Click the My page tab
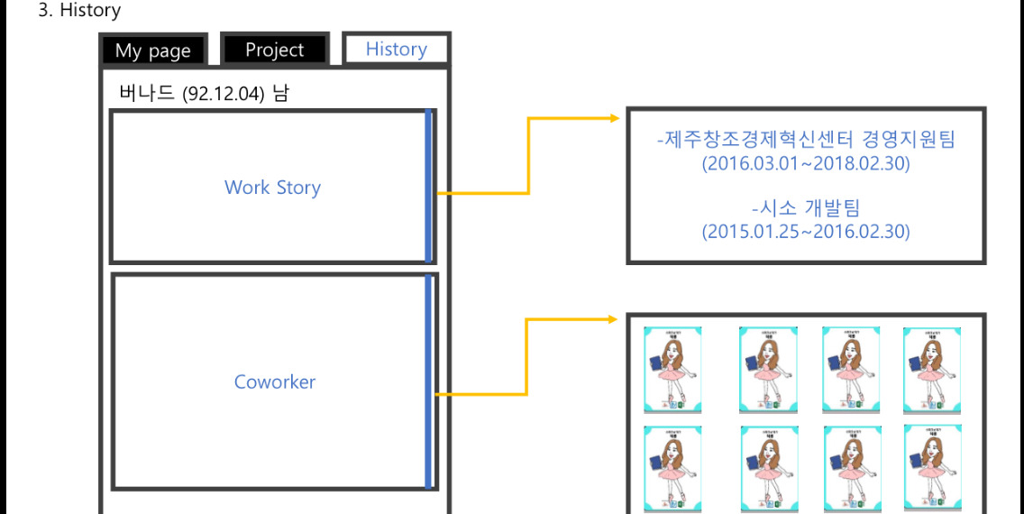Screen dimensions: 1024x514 coord(153,50)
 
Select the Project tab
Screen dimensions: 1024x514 coord(275,50)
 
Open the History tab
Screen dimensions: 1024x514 coord(396,50)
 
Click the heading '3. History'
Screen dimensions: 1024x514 coord(79,11)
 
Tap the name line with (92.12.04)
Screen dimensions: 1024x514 coord(204,93)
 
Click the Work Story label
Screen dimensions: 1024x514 coord(272,188)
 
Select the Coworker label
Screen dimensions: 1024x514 coord(275,381)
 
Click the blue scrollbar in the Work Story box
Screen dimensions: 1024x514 coord(429,187)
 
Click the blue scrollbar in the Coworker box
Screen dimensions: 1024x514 coord(429,381)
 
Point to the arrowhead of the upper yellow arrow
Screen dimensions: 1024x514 coord(617,118)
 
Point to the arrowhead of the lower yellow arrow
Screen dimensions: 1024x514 coord(617,319)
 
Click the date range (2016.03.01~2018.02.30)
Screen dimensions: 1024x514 coord(806,164)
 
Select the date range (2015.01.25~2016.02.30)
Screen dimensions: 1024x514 coord(806,232)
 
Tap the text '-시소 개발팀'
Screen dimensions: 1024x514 coord(806,207)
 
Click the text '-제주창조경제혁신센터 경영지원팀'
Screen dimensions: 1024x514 coord(806,140)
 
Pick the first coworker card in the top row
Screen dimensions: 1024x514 coord(672,370)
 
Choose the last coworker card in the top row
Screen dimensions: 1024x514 coord(932,370)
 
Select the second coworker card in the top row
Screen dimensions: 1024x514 coord(768,370)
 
